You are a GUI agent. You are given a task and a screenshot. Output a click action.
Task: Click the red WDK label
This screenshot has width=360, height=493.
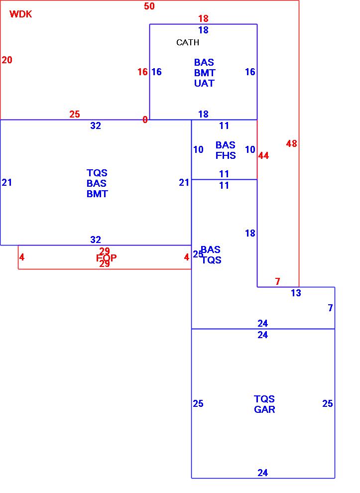pos(21,14)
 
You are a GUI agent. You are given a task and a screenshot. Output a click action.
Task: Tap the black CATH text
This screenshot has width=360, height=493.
pos(188,43)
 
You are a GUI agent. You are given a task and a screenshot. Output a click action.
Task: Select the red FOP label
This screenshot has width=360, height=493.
pos(106,258)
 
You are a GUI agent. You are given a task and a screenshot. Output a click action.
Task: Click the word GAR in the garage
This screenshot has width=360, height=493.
pos(264,410)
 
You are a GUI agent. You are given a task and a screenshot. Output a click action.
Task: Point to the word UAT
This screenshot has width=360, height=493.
pos(204,83)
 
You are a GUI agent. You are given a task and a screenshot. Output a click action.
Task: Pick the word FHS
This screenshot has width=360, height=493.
pos(226,155)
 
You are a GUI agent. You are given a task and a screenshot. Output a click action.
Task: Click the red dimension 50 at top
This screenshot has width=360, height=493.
pos(149,6)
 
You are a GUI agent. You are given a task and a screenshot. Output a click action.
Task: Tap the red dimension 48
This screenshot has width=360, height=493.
pos(291,144)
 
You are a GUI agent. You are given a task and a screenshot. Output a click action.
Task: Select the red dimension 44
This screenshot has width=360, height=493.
pos(263,156)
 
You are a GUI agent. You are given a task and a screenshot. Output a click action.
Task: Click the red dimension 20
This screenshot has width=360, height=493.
pos(7,60)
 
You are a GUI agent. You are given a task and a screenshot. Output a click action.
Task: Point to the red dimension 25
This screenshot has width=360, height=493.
pos(74,115)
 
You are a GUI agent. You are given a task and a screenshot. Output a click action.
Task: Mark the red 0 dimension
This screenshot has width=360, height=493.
pos(145,120)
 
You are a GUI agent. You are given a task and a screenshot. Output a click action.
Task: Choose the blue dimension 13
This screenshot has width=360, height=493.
pos(296,293)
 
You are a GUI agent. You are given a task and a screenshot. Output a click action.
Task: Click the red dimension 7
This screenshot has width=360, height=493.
pos(277,282)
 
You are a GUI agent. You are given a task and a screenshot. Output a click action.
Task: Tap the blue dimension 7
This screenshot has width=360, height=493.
pos(330,308)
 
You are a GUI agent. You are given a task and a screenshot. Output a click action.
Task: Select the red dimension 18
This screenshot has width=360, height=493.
pos(203,19)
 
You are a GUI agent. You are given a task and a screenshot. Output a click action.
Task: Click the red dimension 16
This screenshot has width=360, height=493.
pos(142,72)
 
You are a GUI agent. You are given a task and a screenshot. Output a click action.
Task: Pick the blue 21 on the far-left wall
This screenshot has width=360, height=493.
pos(6,183)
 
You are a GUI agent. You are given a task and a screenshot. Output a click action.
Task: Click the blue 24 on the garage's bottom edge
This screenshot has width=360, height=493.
pos(263,473)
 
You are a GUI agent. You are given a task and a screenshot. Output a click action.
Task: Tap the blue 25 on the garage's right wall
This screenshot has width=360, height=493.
pos(327,404)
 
